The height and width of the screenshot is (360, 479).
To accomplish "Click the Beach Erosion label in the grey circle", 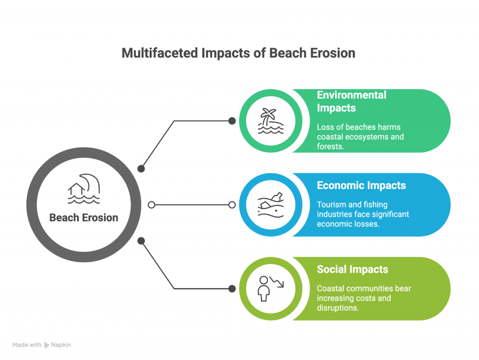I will click(x=84, y=218).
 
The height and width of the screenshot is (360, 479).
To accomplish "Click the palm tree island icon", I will click(x=268, y=121).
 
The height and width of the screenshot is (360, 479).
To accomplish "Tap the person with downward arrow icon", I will click(x=267, y=288).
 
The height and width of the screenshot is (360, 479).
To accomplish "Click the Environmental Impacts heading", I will click(x=352, y=102).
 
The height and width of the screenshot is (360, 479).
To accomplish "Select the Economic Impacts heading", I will click(x=362, y=185).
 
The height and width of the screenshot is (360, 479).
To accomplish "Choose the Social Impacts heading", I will click(x=353, y=269).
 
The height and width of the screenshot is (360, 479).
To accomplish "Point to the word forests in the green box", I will click(x=331, y=147).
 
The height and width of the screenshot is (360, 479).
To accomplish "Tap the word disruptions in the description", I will click(x=338, y=308).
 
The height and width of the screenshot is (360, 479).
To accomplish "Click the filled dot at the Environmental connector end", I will click(x=232, y=121).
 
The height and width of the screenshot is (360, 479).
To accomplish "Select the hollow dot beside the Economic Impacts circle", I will click(x=232, y=205).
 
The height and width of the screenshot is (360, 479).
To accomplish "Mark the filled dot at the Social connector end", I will click(x=232, y=288).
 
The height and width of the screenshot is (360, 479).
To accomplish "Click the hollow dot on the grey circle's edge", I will click(x=151, y=205).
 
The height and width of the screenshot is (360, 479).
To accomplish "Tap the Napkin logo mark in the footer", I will click(x=46, y=345).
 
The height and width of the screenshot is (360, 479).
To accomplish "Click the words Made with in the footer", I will click(x=27, y=345).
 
